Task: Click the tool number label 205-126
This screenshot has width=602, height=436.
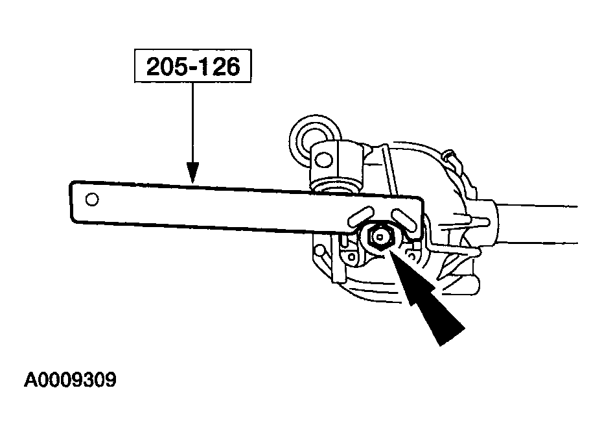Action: (x=193, y=66)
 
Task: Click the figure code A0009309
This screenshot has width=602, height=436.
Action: (x=70, y=380)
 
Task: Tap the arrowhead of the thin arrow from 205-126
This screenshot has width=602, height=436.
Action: (x=192, y=173)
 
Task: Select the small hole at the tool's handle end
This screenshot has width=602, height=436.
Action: (x=92, y=200)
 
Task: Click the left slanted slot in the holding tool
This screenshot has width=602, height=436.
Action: (x=360, y=216)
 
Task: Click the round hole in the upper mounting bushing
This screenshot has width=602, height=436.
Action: (x=324, y=160)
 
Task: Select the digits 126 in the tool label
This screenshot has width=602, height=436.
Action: (x=219, y=66)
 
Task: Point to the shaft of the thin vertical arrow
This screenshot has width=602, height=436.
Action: (x=192, y=123)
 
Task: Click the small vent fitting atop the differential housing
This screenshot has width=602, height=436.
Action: (x=449, y=155)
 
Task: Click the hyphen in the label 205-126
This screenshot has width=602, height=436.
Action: (x=192, y=68)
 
